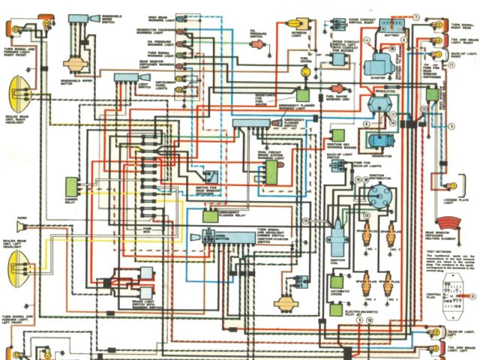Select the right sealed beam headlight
[x=18, y=93]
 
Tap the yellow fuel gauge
[x=305, y=73]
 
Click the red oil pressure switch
[x=259, y=45]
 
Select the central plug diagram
[x=451, y=289]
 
